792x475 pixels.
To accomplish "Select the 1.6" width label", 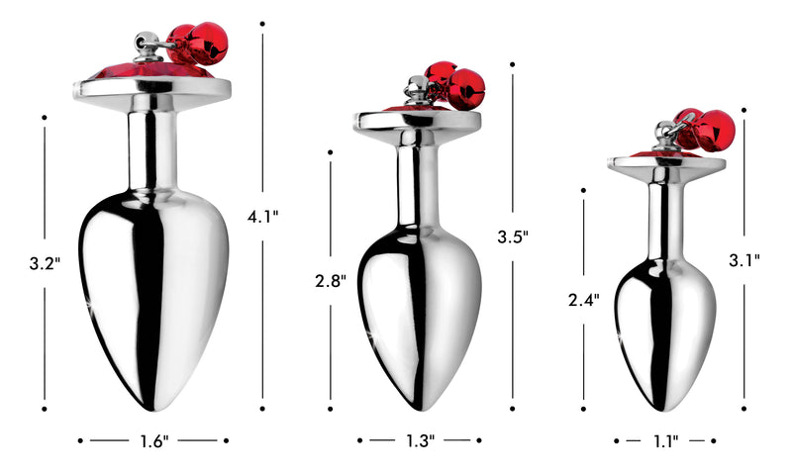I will coord(153,440).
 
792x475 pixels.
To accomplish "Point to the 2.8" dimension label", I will coord(330,281).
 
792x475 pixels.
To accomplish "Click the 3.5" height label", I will coord(513,237).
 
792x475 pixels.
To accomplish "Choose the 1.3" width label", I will coord(419,440).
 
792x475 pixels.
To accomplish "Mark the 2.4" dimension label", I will coord(584,300).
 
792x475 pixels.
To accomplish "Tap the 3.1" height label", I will coord(743,261).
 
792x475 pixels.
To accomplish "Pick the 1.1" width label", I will coord(664,440).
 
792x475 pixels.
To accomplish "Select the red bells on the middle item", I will coord(453,86).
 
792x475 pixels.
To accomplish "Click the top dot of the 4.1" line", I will coord(262,23).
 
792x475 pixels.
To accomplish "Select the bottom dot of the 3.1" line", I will coord(743,406).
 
